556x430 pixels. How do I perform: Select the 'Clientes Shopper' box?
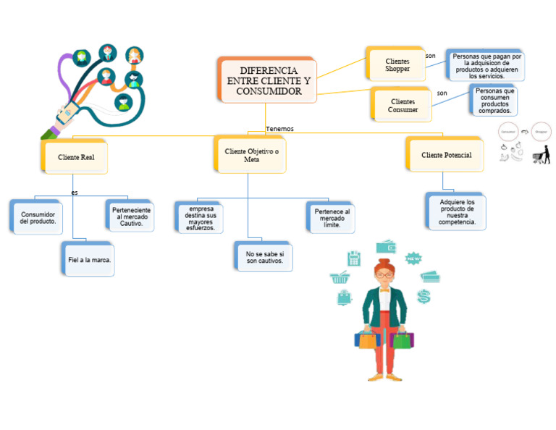pos(397,65)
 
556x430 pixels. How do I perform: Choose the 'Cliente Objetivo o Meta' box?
pos(251,155)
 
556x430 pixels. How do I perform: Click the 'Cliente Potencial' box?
pos(446,155)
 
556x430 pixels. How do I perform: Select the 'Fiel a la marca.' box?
pos(90,260)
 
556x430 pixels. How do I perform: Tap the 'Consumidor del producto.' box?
pos(38,217)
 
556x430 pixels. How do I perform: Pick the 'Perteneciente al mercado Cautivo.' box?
pos(131,216)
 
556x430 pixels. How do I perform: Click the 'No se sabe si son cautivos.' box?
pos(264,257)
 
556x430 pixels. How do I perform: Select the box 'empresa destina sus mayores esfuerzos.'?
pos(201,218)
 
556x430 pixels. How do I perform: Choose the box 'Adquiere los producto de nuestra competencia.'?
pos(457,212)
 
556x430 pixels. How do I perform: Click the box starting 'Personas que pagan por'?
pos(486,66)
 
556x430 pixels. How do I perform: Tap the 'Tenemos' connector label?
pos(279,129)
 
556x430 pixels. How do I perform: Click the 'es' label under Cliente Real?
pos(75,193)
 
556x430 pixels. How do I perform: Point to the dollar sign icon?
pos(424,295)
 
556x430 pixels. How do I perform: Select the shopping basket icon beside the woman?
pos(339,277)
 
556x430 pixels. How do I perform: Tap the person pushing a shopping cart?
pos(540,154)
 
